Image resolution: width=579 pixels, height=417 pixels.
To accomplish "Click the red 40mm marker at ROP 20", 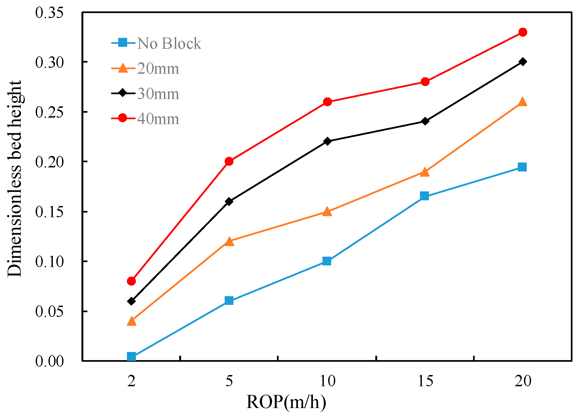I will pyautogui.click(x=522, y=32).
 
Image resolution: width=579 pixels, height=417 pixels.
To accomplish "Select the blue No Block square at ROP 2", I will pyautogui.click(x=131, y=356).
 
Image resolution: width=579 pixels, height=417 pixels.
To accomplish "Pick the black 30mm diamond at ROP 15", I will pyautogui.click(x=425, y=121).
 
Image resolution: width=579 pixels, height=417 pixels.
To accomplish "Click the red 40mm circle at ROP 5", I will pyautogui.click(x=229, y=161).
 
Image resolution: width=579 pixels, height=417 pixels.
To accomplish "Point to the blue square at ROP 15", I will pyautogui.click(x=424, y=196).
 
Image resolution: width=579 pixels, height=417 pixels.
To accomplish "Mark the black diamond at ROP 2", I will pyautogui.click(x=131, y=301).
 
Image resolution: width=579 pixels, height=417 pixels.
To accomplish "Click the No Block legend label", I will pyautogui.click(x=169, y=44).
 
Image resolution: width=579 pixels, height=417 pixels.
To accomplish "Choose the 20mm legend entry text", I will pyautogui.click(x=158, y=69).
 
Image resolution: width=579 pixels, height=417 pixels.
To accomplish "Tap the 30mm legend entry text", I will pyautogui.click(x=158, y=94).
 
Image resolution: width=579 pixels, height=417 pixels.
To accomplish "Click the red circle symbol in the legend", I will pyautogui.click(x=123, y=118).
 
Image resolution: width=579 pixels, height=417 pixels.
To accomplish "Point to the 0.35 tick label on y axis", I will pyautogui.click(x=49, y=13).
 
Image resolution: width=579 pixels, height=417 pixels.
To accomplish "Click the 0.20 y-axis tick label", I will pyautogui.click(x=49, y=162).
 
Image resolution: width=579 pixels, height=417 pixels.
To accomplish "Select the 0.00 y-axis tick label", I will pyautogui.click(x=49, y=361).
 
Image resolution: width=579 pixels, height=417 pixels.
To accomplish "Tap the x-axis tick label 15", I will pyautogui.click(x=425, y=381).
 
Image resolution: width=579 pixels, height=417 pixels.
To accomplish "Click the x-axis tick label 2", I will pyautogui.click(x=131, y=381).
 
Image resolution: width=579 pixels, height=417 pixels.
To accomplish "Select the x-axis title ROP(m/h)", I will pyautogui.click(x=286, y=402).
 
